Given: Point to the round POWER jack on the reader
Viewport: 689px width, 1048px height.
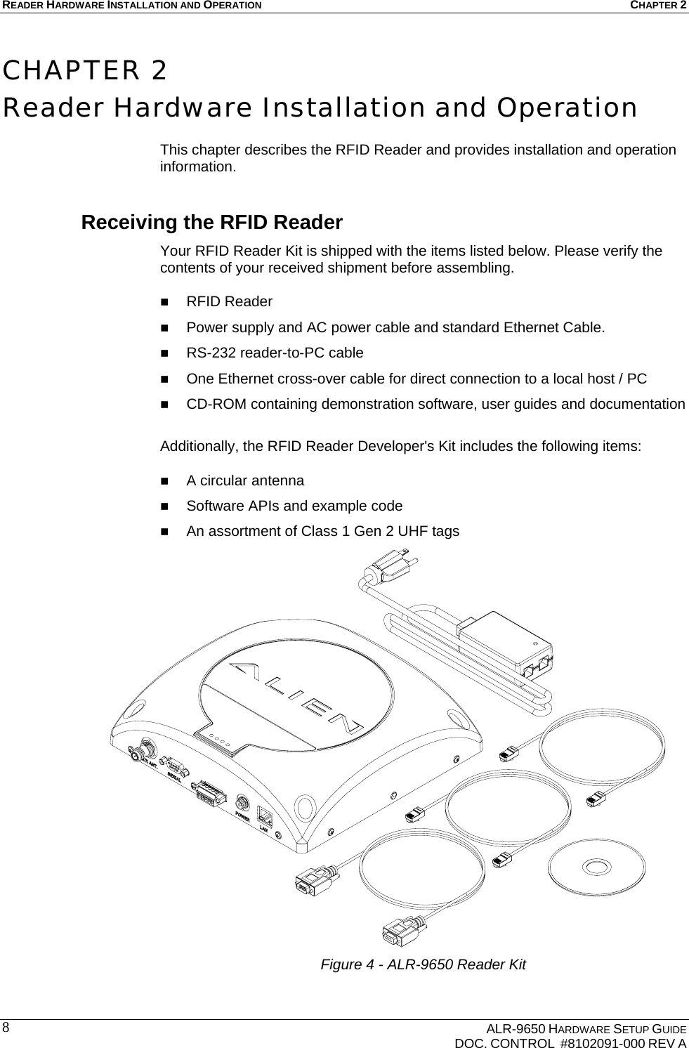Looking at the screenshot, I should click(x=242, y=803).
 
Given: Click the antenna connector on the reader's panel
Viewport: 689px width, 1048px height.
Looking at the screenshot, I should click(x=147, y=745).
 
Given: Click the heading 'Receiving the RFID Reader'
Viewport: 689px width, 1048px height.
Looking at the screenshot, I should click(x=211, y=223).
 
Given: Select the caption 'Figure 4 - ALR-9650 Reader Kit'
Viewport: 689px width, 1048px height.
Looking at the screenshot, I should click(x=423, y=964).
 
